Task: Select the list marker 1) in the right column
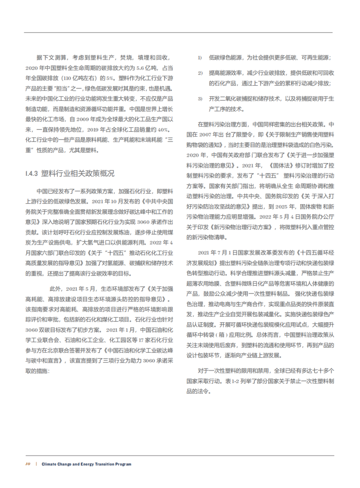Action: (200, 57)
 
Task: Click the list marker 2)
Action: (200, 72)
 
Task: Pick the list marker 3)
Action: (200, 98)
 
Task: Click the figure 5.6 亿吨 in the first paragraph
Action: (140, 67)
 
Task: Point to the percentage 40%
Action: (161, 129)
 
